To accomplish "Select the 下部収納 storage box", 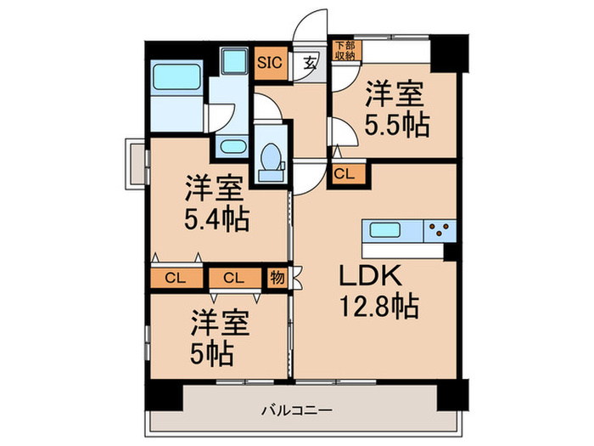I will (344, 50).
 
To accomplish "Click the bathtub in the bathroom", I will (177, 82).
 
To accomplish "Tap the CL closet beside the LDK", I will (345, 173).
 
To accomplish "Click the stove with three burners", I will (440, 230).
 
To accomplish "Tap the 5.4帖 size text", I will (217, 221).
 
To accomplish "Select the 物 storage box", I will (277, 277).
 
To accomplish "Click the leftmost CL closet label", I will (177, 277).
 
